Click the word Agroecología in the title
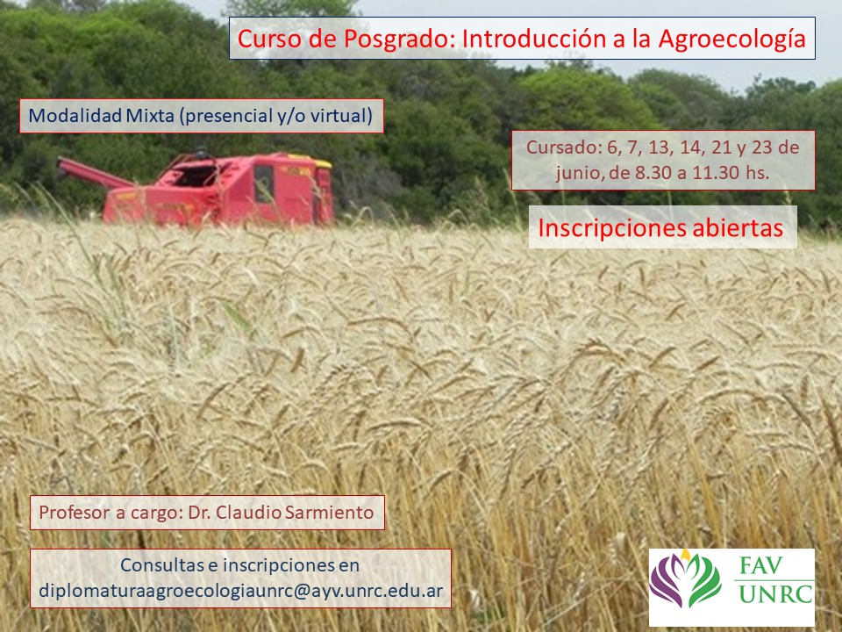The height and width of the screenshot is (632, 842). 731,39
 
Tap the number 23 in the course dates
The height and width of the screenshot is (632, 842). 761,147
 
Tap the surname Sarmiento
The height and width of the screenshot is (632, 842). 329,512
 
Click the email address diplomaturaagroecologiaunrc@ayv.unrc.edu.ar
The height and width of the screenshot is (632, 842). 241,591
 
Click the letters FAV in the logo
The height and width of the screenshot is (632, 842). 761,566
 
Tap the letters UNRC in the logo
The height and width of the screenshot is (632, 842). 774,594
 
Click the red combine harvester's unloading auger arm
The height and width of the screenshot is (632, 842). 95,173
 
